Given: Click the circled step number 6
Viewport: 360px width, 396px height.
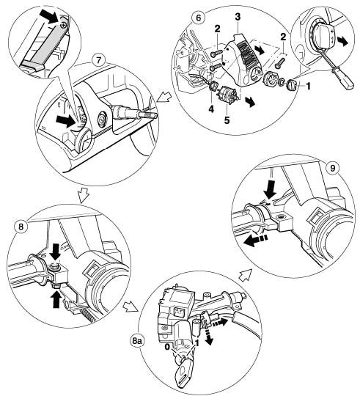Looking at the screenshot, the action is (x=199, y=18).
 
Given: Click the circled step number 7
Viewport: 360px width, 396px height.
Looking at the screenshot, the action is (x=98, y=61).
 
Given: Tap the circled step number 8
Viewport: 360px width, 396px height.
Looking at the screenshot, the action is (x=21, y=227).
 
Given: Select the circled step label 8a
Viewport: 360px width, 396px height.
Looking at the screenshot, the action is (x=137, y=341).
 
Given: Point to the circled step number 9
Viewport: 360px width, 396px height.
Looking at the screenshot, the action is (x=333, y=169).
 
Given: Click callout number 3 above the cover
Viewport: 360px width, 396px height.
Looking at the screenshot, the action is (x=238, y=17).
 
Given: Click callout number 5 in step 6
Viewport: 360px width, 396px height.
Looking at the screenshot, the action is (x=227, y=120).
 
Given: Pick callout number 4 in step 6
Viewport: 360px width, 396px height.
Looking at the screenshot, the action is (x=211, y=109).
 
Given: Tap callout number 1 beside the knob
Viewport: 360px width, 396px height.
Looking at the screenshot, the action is (x=308, y=87).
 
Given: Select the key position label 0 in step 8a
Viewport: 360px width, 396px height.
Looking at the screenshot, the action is (x=167, y=348).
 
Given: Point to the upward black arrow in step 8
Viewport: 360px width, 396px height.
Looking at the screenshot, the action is (x=56, y=299).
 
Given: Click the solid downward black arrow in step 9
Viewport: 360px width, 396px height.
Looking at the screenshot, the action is (x=270, y=188).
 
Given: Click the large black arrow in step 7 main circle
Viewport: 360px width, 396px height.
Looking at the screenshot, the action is (x=66, y=120).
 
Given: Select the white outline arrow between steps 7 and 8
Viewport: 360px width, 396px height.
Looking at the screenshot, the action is (x=84, y=194).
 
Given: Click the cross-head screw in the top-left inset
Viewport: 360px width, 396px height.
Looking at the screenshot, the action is (x=65, y=25).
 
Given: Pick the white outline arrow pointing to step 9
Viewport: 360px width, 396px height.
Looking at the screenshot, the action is (x=246, y=274).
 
